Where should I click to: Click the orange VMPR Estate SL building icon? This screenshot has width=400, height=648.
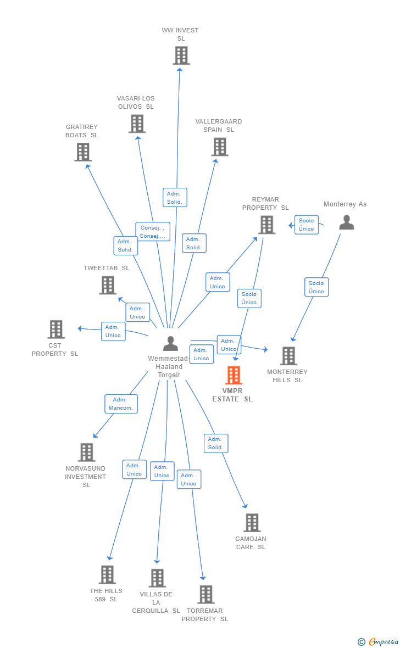click(x=234, y=376)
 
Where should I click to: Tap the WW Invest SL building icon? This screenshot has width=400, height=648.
click(x=181, y=55)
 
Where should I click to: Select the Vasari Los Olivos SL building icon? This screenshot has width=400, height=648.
click(x=137, y=124)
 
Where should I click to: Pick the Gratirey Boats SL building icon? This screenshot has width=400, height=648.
click(x=83, y=152)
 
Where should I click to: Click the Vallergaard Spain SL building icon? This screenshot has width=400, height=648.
click(x=220, y=147)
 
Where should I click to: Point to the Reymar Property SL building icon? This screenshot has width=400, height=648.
click(x=266, y=225)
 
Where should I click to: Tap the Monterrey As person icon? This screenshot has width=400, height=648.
click(x=346, y=222)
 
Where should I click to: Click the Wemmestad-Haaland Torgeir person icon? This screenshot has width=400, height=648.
click(x=170, y=344)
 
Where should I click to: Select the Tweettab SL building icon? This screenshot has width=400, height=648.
click(x=108, y=285)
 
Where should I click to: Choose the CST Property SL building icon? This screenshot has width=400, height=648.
click(x=56, y=329)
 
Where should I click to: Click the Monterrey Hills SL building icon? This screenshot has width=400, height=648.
click(x=288, y=356)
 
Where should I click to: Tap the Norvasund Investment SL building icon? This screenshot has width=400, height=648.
click(x=86, y=453)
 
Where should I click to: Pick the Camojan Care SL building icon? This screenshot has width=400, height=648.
click(x=252, y=523)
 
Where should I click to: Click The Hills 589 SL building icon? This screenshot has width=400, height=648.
click(x=107, y=574)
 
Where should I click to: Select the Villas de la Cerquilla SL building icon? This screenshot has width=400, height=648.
click(x=157, y=578)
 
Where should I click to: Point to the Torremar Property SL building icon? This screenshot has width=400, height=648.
click(x=205, y=594)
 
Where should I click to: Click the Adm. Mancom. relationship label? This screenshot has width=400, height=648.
click(x=121, y=404)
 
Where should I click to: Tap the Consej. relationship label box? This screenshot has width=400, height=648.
click(x=153, y=232)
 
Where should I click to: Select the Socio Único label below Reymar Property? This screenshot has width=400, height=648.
click(x=249, y=298)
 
